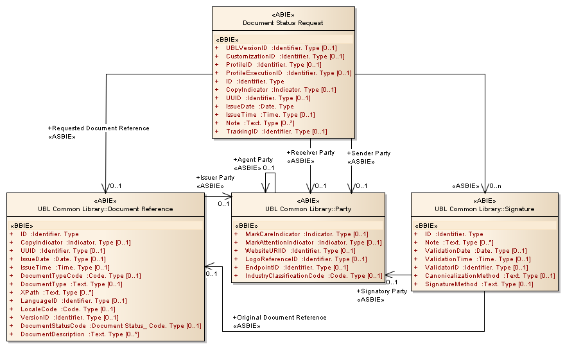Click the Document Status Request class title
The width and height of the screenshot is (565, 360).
282,22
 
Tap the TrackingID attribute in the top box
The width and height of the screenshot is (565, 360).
276,132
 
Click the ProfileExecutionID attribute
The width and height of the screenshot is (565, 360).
283,73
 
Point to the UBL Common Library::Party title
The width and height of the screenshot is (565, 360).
308,209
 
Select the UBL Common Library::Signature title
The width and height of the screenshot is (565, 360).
484,209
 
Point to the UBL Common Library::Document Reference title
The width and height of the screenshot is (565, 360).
106,209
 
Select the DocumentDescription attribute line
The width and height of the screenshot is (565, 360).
80,334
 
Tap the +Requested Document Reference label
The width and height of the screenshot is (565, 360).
98,128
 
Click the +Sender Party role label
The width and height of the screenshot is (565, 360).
369,153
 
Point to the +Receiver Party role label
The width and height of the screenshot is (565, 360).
310,153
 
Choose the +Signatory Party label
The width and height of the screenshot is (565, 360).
381,291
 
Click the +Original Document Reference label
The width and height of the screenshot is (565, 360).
279,318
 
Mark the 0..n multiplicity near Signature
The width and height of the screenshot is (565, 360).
494,186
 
